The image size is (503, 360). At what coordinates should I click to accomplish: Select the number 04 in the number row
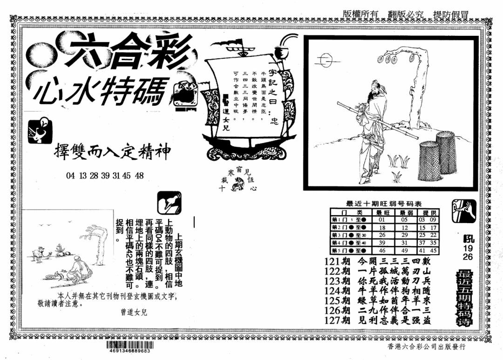[71, 176]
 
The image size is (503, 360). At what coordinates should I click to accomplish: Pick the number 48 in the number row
[139, 176]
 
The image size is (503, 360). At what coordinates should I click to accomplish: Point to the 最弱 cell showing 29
[404, 235]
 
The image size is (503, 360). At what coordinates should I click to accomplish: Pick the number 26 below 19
[467, 257]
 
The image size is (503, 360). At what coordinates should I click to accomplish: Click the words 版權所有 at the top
[361, 14]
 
